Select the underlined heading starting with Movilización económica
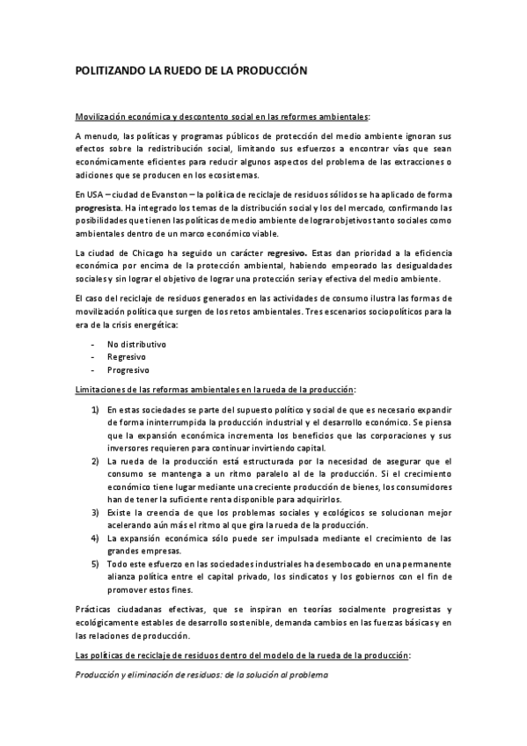[x=223, y=116]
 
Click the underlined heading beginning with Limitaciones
[x=216, y=389]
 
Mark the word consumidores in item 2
[x=415, y=486]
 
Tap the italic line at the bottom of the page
[x=201, y=675]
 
